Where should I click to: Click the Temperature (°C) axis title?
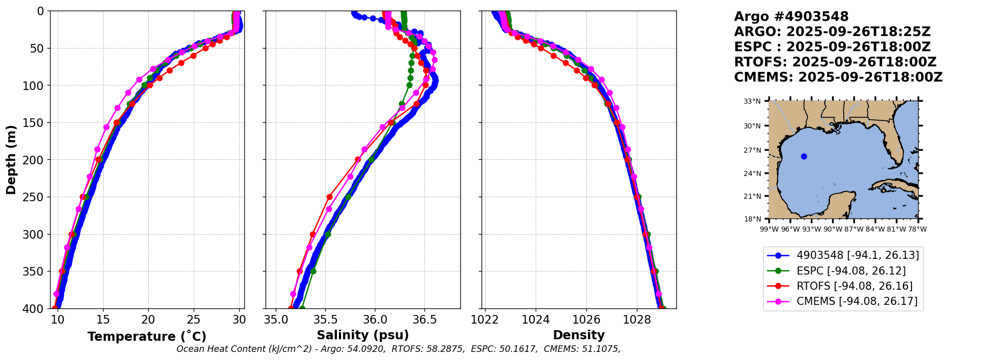[x=147, y=336]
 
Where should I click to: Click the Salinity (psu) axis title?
[x=363, y=335]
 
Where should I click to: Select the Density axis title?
[x=579, y=335]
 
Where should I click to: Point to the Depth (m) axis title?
[x=11, y=159]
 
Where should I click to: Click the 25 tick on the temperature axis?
[x=194, y=320]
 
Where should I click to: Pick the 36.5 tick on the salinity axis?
[x=424, y=320]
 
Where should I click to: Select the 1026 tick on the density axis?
[x=586, y=320]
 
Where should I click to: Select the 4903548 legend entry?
[x=842, y=255]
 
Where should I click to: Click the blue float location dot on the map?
[x=804, y=156]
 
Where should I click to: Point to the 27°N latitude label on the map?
[x=752, y=150]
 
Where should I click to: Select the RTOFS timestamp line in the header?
[x=835, y=62]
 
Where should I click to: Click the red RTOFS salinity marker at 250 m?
[x=329, y=197]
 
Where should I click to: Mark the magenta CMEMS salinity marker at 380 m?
[x=293, y=294]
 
